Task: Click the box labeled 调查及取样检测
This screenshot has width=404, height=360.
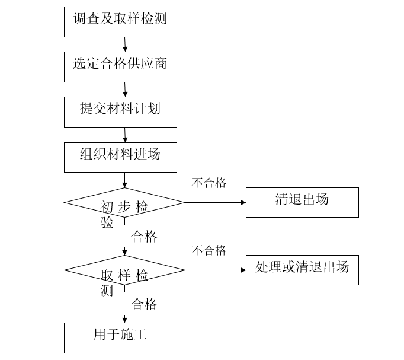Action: tap(120, 21)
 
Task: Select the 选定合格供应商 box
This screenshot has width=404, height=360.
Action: tap(120, 66)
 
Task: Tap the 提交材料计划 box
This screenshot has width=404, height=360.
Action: tap(120, 111)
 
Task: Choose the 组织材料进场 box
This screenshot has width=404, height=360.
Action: tap(120, 157)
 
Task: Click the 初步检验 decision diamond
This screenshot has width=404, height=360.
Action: tap(124, 203)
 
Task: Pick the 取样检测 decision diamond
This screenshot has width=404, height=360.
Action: tap(124, 270)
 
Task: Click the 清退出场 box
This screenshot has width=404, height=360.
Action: tap(302, 202)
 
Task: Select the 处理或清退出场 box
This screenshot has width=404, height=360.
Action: tap(302, 270)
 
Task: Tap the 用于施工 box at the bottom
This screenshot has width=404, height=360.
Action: tap(120, 337)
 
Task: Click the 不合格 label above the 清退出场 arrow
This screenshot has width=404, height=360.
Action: tap(209, 183)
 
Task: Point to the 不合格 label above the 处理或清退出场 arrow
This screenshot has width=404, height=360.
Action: tap(209, 250)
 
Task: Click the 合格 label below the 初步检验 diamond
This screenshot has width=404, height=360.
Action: tap(144, 237)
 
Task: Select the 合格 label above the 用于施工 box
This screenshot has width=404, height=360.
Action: tap(144, 305)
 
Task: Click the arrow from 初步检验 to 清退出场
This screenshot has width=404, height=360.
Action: tap(216, 202)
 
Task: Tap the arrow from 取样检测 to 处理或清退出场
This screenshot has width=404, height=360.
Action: tap(216, 270)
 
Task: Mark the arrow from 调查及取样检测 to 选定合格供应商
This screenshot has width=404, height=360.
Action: tap(124, 44)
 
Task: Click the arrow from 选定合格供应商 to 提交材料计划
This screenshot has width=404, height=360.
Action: tap(124, 89)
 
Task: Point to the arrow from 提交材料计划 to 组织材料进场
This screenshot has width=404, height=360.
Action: tap(124, 134)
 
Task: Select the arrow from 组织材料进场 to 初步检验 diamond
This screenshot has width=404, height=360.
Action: tap(124, 180)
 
